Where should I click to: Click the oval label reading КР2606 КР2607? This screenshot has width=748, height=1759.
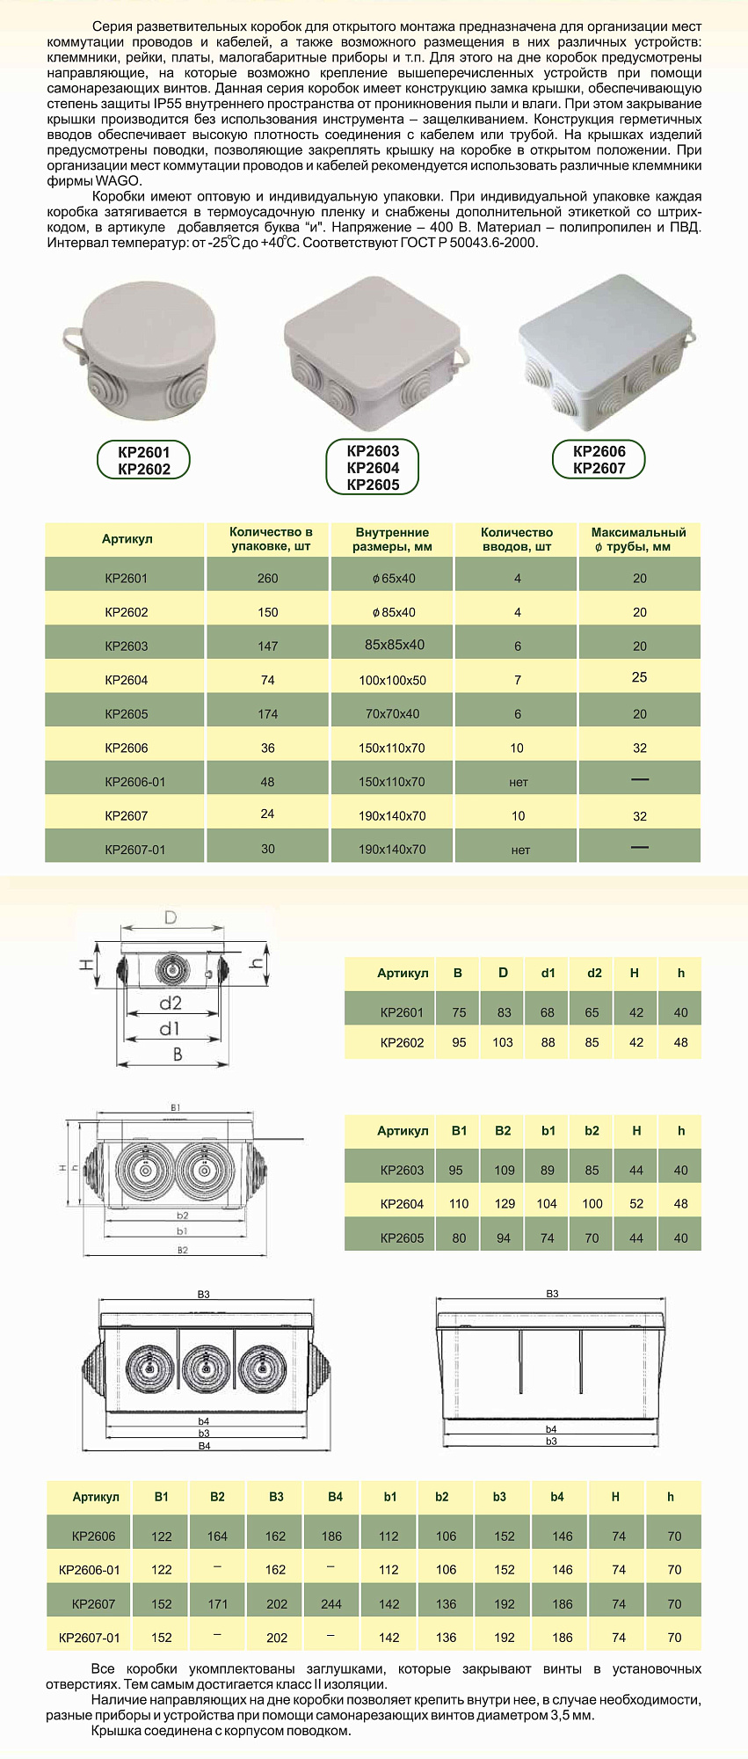click(x=599, y=460)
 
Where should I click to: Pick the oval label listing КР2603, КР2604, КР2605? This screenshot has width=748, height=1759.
click(x=373, y=468)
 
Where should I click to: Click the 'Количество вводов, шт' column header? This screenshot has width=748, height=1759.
click(x=517, y=539)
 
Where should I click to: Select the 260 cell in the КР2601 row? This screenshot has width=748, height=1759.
click(x=268, y=579)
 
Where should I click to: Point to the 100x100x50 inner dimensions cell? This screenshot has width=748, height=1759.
click(x=392, y=681)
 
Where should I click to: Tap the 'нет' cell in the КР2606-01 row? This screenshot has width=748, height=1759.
click(x=519, y=782)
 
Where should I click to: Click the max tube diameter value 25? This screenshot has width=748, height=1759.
click(x=639, y=677)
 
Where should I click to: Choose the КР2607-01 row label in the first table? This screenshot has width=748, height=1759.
click(x=134, y=850)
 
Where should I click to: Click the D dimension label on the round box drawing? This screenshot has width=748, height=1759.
click(x=171, y=917)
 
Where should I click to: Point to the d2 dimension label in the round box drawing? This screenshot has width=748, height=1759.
click(x=171, y=1003)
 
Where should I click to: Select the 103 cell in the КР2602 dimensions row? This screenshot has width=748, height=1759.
click(x=503, y=1042)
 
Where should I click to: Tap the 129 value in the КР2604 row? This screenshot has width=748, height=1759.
click(x=505, y=1204)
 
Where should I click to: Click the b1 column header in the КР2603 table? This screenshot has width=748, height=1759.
click(x=548, y=1131)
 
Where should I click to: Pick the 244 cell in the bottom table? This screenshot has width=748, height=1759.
click(x=331, y=1603)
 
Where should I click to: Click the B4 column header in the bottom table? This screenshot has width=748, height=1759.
click(x=335, y=1497)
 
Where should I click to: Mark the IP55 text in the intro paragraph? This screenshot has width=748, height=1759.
click(x=167, y=104)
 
